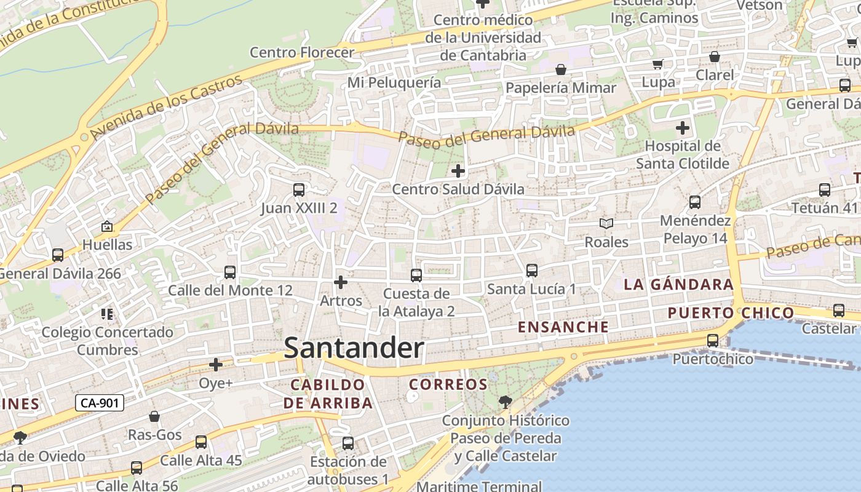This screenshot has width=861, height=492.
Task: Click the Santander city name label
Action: click(354, 348)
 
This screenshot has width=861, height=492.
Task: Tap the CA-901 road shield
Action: click(100, 403)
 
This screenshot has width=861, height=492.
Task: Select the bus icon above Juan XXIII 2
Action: click(299, 189)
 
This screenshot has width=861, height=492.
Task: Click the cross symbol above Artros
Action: click(340, 282)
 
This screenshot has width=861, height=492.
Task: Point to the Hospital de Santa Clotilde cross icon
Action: click(683, 128)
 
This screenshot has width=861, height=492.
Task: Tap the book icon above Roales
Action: click(606, 224)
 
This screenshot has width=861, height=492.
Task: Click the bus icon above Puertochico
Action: click(713, 340)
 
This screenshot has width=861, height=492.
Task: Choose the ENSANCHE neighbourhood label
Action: click(563, 327)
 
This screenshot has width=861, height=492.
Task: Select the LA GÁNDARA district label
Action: click(679, 285)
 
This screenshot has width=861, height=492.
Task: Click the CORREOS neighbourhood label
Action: click(448, 385)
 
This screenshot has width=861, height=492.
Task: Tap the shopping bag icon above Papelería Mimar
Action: click(560, 69)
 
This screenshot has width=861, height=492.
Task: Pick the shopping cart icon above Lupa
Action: click(658, 64)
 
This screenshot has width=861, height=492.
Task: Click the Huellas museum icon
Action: click(107, 227)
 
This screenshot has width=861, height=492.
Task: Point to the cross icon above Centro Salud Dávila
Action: click(458, 170)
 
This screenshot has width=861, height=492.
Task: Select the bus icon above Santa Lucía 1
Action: click(532, 270)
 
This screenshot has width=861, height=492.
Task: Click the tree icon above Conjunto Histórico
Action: click(505, 402)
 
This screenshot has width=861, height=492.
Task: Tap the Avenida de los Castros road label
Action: click(167, 107)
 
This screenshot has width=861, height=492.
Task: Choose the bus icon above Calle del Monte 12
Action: click(230, 272)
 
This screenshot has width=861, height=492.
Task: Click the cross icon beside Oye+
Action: click(216, 365)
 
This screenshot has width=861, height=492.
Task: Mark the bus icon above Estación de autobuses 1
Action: click(348, 443)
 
